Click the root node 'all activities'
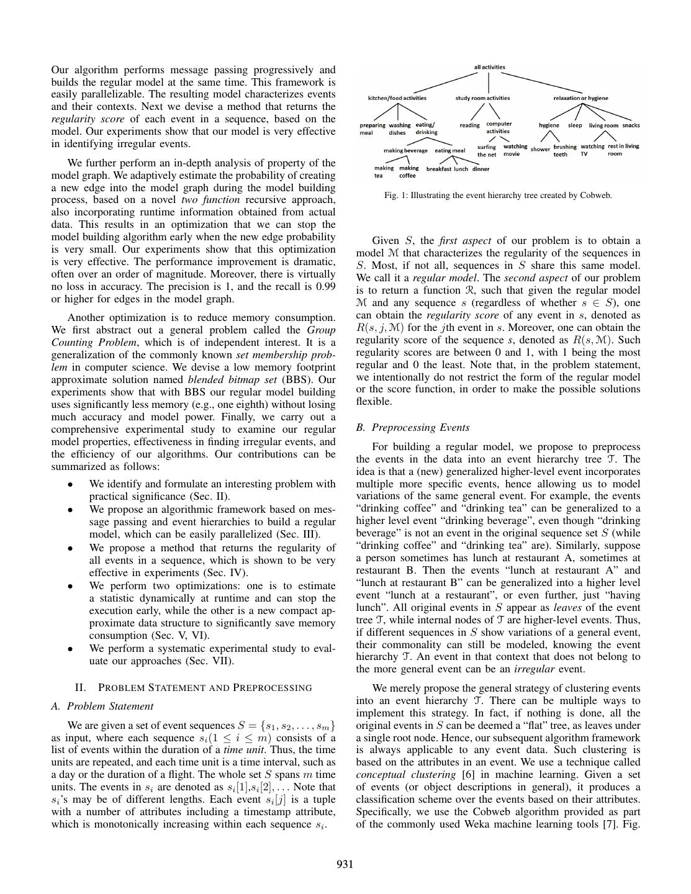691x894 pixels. pyautogui.click(x=489, y=67)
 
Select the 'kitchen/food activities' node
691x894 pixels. pyautogui.click(x=397, y=98)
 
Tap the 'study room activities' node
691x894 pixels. pyautogui.click(x=482, y=98)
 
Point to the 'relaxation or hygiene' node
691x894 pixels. pyautogui.click(x=580, y=98)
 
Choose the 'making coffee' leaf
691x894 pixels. pyautogui.click(x=408, y=171)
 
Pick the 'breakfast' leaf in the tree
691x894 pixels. pyautogui.click(x=438, y=169)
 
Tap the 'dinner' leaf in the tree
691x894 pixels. pyautogui.click(x=481, y=169)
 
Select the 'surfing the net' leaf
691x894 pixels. pyautogui.click(x=486, y=151)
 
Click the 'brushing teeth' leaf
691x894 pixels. pyautogui.click(x=564, y=151)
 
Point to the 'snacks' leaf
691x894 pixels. pyautogui.click(x=631, y=125)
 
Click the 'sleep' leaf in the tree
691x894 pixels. pyautogui.click(x=575, y=125)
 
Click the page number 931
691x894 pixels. pyautogui.click(x=345, y=864)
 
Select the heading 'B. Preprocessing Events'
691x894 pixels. pyautogui.click(x=413, y=428)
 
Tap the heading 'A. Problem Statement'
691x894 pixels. pyautogui.click(x=102, y=706)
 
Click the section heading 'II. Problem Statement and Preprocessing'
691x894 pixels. pyautogui.click(x=193, y=687)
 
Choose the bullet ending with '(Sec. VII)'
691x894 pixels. pyautogui.click(x=212, y=654)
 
